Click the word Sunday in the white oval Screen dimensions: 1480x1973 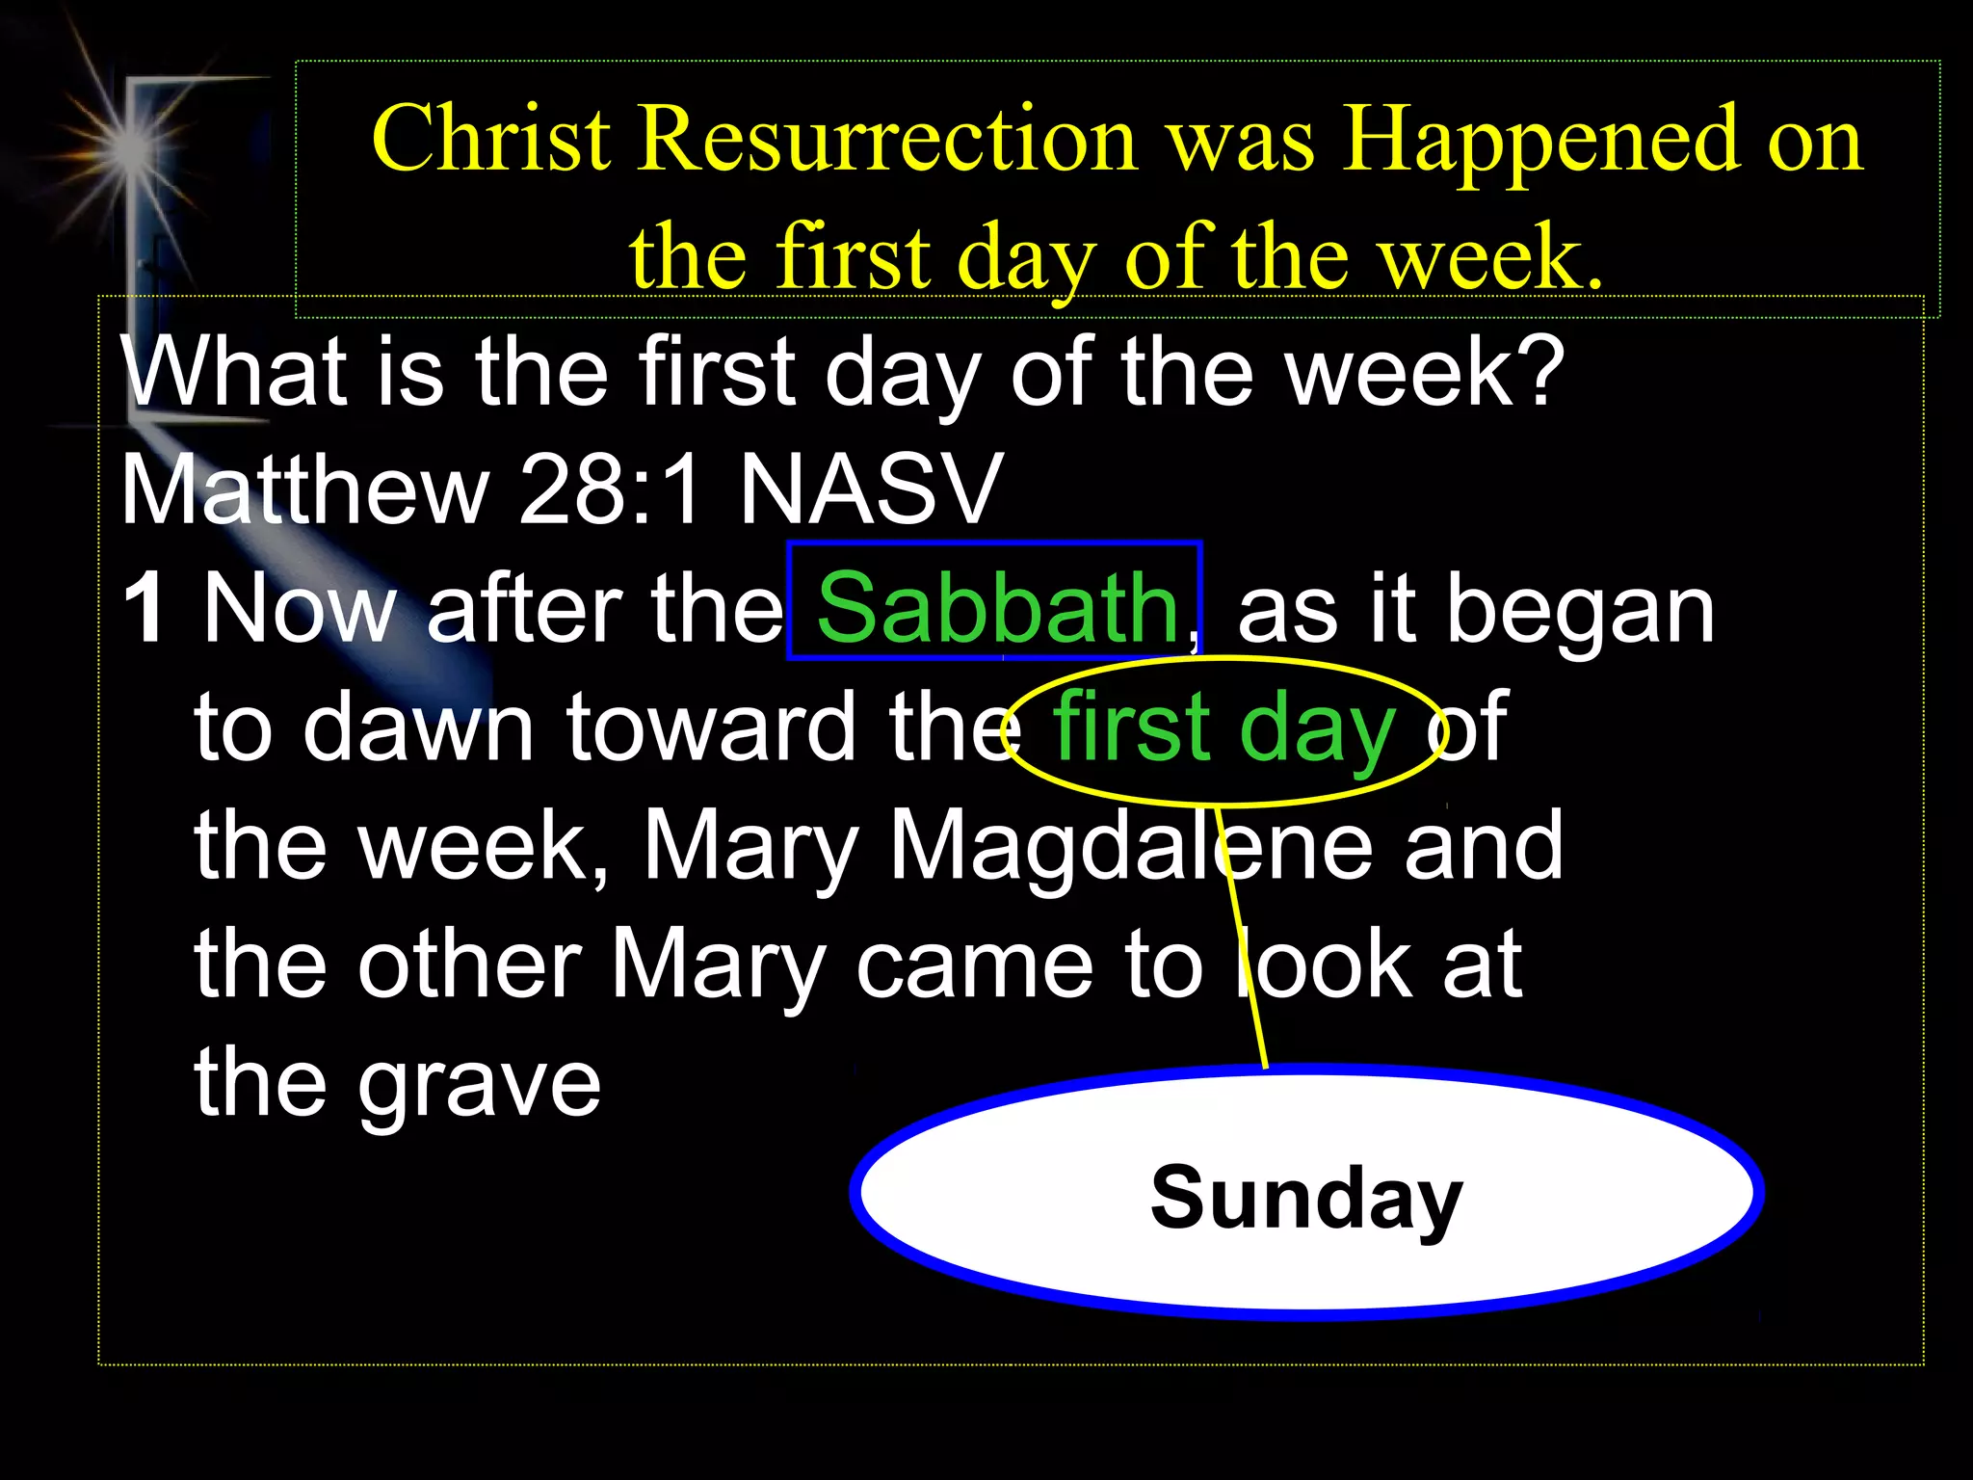[1305, 1199]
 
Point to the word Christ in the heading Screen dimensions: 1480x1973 [491, 140]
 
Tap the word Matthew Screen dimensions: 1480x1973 [304, 489]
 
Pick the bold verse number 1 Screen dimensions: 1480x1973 [145, 608]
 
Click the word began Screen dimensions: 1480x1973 [1580, 610]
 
